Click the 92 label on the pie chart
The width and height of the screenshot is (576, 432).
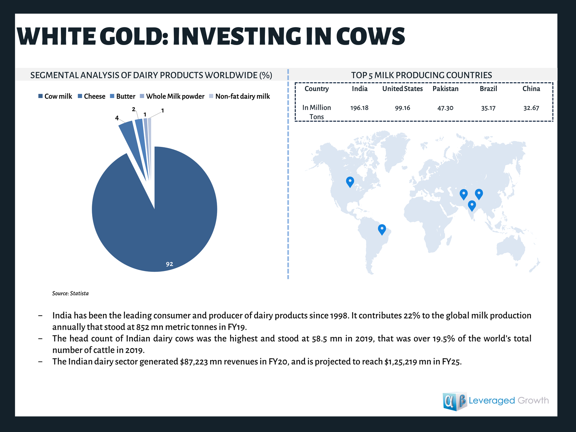pyautogui.click(x=169, y=264)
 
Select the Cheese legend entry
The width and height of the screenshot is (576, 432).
pyautogui.click(x=91, y=96)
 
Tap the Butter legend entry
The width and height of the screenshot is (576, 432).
pyautogui.click(x=122, y=96)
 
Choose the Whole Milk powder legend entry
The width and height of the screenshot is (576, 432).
pyautogui.click(x=172, y=96)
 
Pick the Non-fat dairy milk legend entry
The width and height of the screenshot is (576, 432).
pyautogui.click(x=240, y=96)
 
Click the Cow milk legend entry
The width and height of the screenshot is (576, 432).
pyautogui.click(x=55, y=96)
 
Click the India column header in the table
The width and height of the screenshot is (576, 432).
pyautogui.click(x=360, y=89)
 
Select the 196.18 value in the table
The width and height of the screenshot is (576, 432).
pyautogui.click(x=359, y=108)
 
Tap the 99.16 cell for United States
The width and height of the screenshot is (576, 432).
pyautogui.click(x=402, y=108)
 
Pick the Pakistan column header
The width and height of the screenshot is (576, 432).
pyautogui.click(x=445, y=89)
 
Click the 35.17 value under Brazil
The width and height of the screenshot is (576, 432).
pyautogui.click(x=488, y=108)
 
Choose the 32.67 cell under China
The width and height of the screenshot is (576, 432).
pyautogui.click(x=531, y=108)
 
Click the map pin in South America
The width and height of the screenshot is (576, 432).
pyautogui.click(x=382, y=230)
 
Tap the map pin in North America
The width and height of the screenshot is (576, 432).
pyautogui.click(x=350, y=182)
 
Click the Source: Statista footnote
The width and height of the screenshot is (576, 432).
pyautogui.click(x=70, y=293)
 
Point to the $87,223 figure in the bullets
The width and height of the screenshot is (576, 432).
pyautogui.click(x=194, y=362)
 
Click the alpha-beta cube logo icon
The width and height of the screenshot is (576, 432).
pyautogui.click(x=455, y=401)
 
